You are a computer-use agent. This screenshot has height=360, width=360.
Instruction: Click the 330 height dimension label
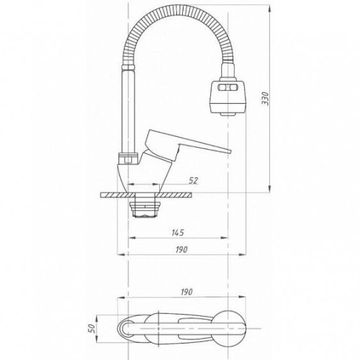point(266,98)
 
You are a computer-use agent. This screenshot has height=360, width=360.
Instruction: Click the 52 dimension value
point(194,181)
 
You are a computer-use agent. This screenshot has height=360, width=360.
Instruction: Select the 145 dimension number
point(178,233)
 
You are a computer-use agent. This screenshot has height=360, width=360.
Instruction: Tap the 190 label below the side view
point(181,250)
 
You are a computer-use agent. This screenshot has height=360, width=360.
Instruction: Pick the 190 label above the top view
point(186,292)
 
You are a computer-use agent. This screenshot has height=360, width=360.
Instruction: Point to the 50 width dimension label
point(92,328)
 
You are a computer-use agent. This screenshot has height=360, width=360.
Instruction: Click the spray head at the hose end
point(228,96)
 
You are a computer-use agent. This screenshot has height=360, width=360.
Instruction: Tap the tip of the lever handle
point(230,151)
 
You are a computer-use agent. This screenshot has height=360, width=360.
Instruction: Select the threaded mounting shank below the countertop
point(145,206)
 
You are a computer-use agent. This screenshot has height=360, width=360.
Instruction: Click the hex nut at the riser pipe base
point(128,158)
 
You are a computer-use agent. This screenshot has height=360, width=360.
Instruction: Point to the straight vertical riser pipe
point(128,111)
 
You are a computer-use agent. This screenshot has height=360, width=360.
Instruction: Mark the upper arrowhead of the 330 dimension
point(270,9)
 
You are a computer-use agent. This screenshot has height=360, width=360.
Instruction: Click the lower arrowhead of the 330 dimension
point(270,189)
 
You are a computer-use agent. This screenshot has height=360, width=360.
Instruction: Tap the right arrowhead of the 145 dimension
point(224,238)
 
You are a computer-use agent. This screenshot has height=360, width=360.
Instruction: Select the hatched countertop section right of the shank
point(175,195)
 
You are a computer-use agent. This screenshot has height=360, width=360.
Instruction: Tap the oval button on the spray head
point(228,88)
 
